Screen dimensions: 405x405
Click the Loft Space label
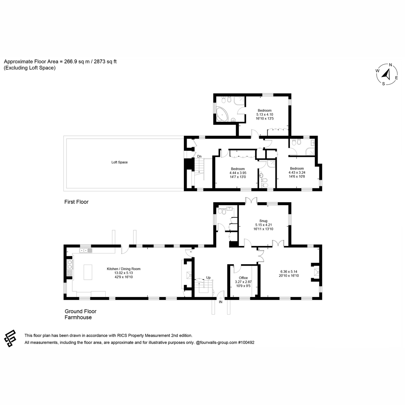coord(119,162)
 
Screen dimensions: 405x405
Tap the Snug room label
coord(263,221)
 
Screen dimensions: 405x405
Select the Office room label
coord(243,278)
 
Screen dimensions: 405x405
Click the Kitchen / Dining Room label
coord(124,269)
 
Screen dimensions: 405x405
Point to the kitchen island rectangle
coord(88,272)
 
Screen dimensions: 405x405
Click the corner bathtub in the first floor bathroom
coord(221,114)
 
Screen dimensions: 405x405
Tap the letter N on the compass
coord(390,65)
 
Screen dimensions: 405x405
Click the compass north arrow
coord(387,75)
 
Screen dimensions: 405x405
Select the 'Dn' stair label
coord(199,156)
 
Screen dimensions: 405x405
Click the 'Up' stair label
coord(208,278)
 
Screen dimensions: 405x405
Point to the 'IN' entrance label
coord(221,302)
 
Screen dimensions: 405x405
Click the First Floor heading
coord(76,202)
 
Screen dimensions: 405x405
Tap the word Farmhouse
coord(78,317)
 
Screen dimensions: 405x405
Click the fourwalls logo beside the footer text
coord(10,339)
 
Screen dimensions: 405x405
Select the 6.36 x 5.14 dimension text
coord(289,272)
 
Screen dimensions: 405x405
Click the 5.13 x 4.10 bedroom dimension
coord(265,114)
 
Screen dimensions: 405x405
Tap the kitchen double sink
coord(86,250)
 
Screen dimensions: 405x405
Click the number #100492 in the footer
coord(246,342)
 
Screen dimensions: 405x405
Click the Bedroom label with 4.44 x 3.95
coord(238,169)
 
